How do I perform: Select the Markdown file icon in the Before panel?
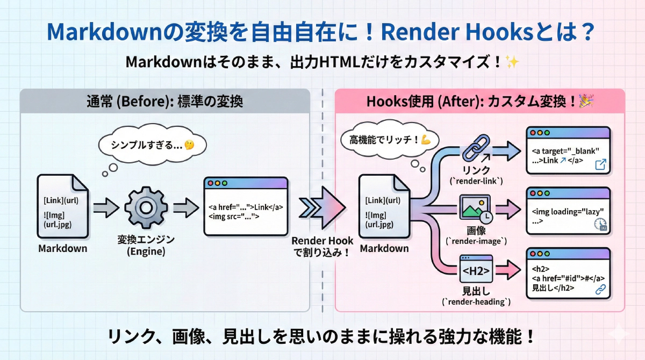click(62, 207)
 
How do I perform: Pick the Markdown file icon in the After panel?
click(384, 207)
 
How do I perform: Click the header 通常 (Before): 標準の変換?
click(164, 101)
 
